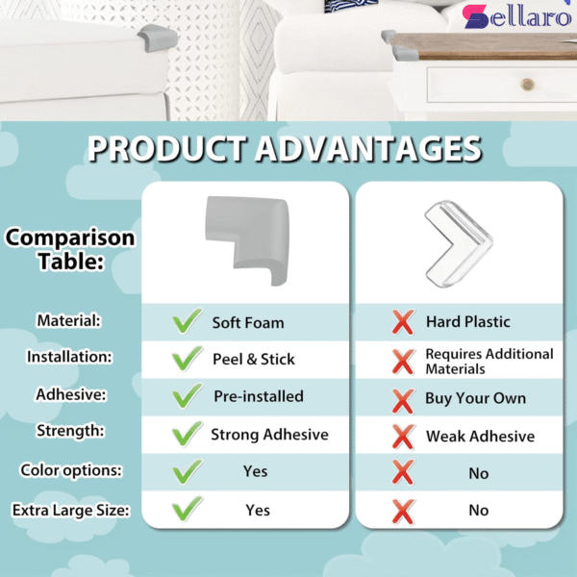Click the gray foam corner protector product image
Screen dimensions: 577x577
point(245,239)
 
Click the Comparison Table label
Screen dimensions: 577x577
point(71,249)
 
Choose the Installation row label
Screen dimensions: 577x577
point(69,357)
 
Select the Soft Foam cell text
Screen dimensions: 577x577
point(248,322)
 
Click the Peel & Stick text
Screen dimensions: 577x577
point(253,359)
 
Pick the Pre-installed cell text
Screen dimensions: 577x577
point(258,396)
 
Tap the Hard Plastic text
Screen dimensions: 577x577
point(467,322)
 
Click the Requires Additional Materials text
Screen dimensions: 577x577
point(489,361)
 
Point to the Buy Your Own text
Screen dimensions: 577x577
point(475,398)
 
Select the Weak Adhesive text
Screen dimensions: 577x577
point(480,437)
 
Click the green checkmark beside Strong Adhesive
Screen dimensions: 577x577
point(186,434)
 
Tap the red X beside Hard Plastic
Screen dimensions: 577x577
point(402,322)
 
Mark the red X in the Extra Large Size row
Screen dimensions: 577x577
point(402,510)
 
